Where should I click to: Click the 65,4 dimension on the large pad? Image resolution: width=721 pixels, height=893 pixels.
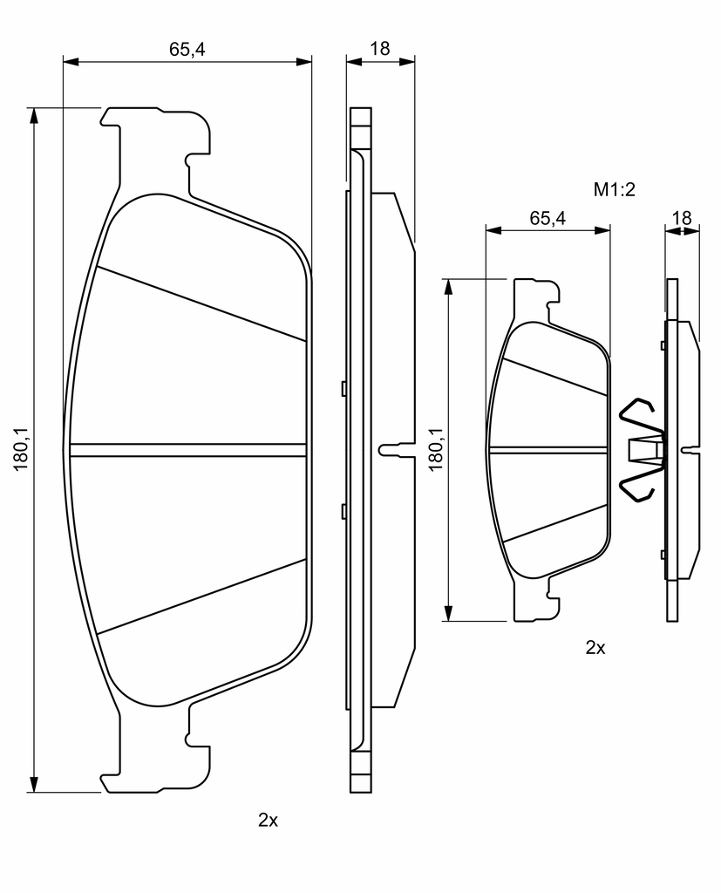coord(187,50)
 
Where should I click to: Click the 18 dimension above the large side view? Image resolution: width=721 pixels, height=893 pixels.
coord(380,49)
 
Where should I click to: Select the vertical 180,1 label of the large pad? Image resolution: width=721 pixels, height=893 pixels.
coord(22,449)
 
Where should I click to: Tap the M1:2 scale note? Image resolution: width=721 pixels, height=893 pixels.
coord(614,189)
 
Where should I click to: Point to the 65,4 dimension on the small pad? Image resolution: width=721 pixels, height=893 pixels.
coord(548,218)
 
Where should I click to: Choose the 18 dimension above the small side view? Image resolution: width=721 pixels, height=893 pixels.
coord(681,218)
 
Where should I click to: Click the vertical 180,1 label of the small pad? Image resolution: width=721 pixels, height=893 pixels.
coord(436,449)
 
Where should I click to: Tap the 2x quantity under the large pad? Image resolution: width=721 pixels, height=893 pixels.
coord(268,820)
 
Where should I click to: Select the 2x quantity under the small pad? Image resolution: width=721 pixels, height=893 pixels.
coord(595,648)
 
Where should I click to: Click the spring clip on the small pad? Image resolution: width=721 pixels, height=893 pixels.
coord(642,450)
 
